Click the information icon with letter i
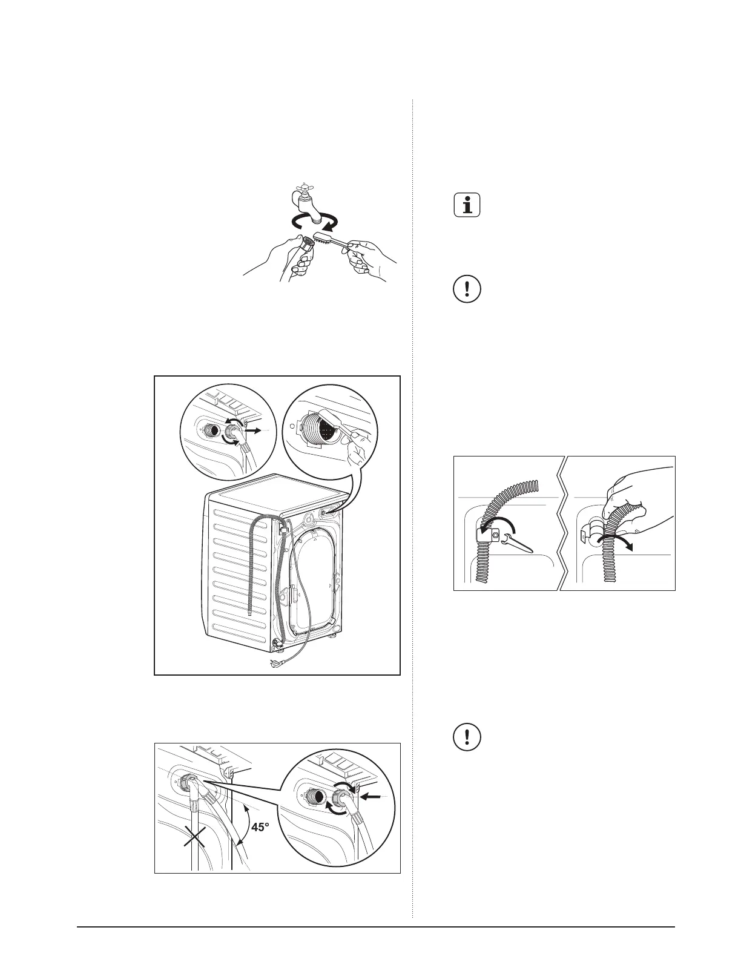(466, 205)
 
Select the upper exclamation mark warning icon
(466, 289)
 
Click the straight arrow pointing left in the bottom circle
(373, 797)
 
